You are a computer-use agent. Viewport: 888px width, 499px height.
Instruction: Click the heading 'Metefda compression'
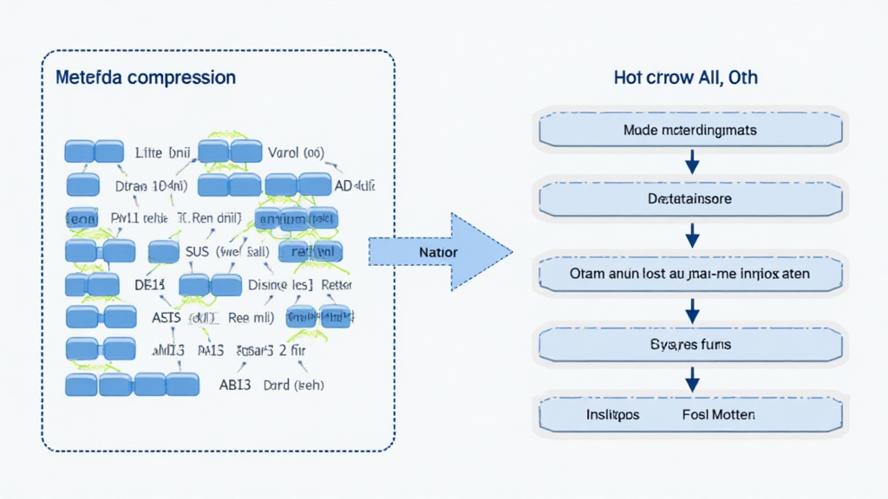pyautogui.click(x=145, y=77)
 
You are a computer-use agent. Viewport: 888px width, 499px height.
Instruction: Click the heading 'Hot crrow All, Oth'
pyautogui.click(x=685, y=77)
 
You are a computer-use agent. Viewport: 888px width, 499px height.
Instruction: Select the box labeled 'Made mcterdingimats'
pyautogui.click(x=690, y=131)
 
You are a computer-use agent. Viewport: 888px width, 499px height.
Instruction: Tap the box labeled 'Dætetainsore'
pyautogui.click(x=690, y=199)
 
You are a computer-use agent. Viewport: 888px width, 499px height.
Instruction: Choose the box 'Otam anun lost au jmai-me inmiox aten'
pyautogui.click(x=690, y=273)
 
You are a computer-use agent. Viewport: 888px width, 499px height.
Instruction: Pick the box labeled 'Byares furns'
pyautogui.click(x=690, y=344)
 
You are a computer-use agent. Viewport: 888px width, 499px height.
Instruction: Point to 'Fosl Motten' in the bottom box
pyautogui.click(x=719, y=415)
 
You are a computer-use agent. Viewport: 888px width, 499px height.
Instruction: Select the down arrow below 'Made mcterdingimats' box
pyautogui.click(x=692, y=162)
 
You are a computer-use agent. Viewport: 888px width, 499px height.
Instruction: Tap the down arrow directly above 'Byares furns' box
pyautogui.click(x=692, y=308)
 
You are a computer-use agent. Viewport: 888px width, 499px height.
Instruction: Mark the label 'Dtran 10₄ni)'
pyautogui.click(x=151, y=185)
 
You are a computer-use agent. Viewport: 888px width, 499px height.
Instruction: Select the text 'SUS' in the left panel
pyautogui.click(x=199, y=252)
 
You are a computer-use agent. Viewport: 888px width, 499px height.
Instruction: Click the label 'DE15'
pyautogui.click(x=149, y=285)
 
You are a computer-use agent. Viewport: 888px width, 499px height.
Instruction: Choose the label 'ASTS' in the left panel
pyautogui.click(x=166, y=318)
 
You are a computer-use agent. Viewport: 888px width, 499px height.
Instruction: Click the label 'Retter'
pyautogui.click(x=337, y=285)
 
